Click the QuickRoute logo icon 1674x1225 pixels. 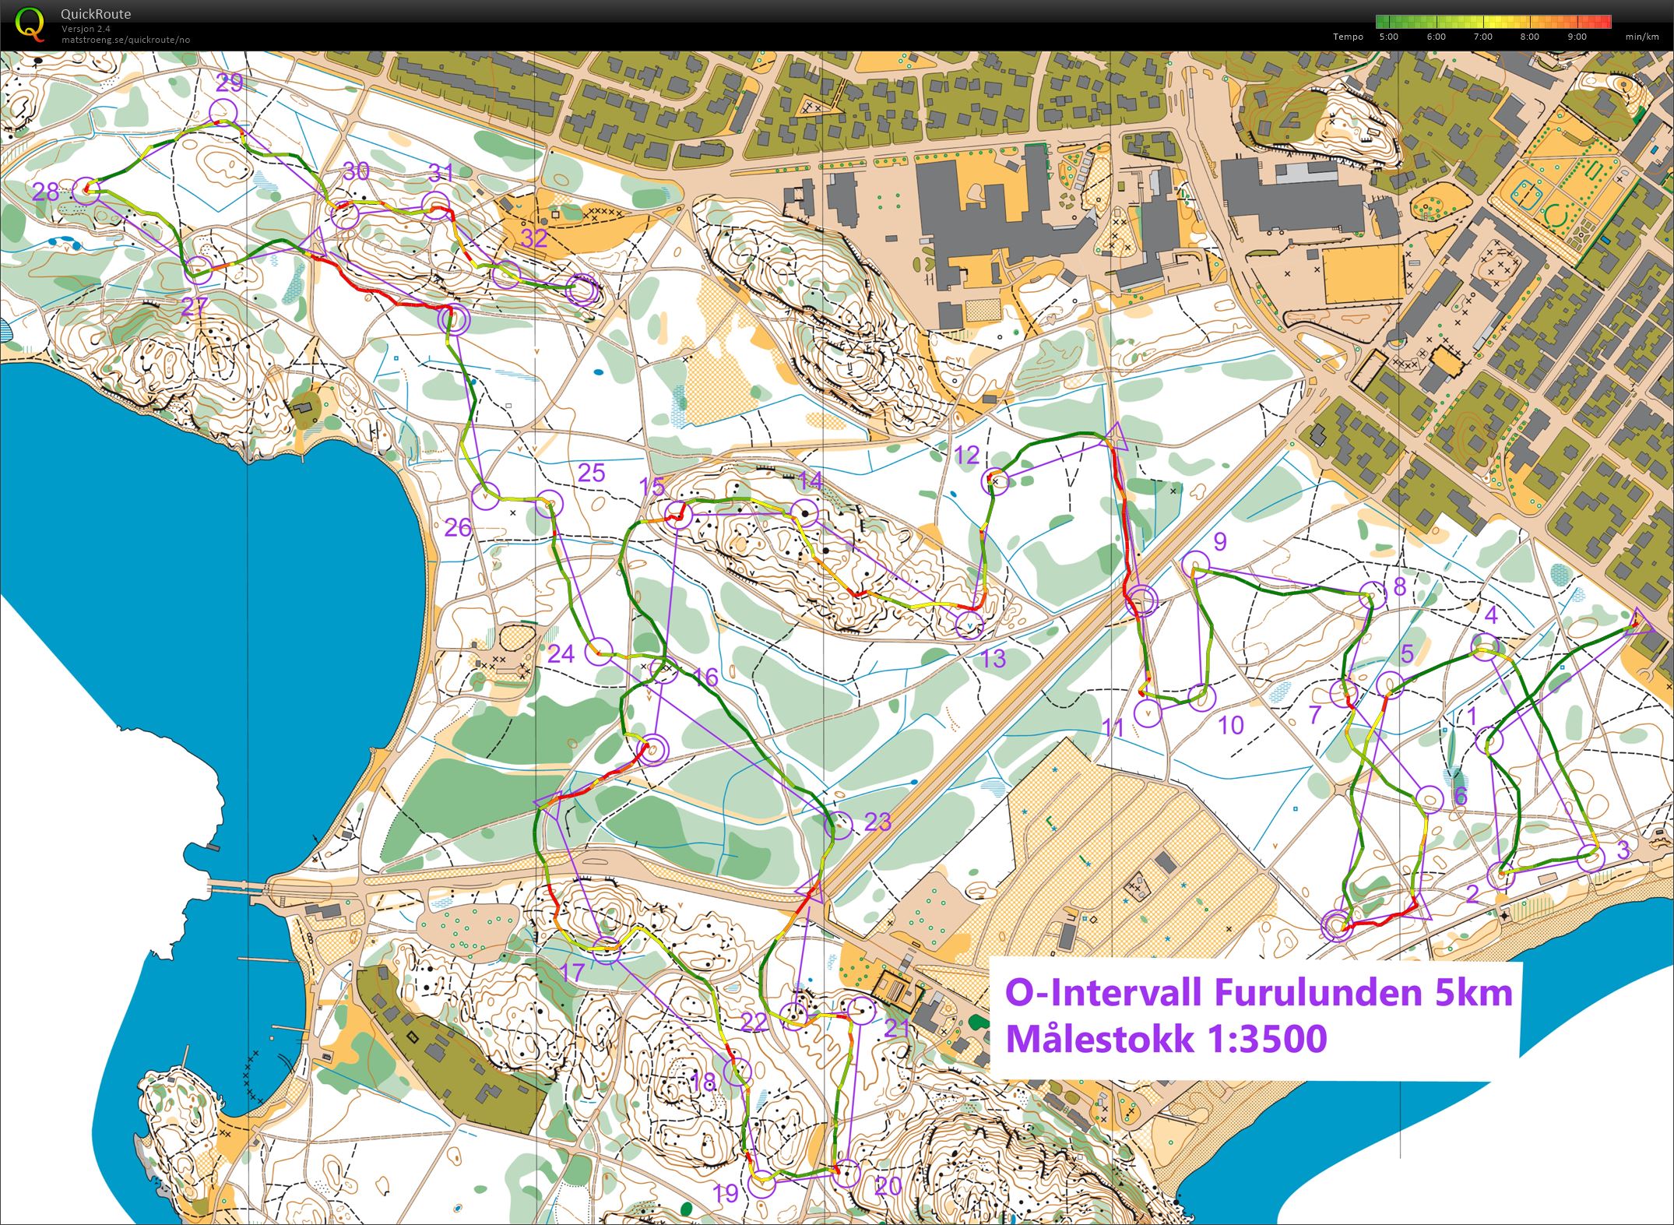[30, 23]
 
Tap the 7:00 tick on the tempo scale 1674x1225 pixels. [1482, 37]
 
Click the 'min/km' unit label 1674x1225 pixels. [1641, 37]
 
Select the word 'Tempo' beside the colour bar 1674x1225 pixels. [1348, 37]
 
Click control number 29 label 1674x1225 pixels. [229, 83]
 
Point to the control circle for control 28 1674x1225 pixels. [86, 191]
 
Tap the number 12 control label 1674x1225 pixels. [966, 456]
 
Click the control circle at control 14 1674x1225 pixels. [804, 512]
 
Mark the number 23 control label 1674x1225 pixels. [877, 822]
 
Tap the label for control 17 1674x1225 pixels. [572, 972]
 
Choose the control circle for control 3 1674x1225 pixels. [1591, 857]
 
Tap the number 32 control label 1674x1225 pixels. [534, 238]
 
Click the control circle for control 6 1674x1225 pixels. [1429, 799]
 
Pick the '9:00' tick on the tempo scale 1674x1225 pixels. [1577, 37]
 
